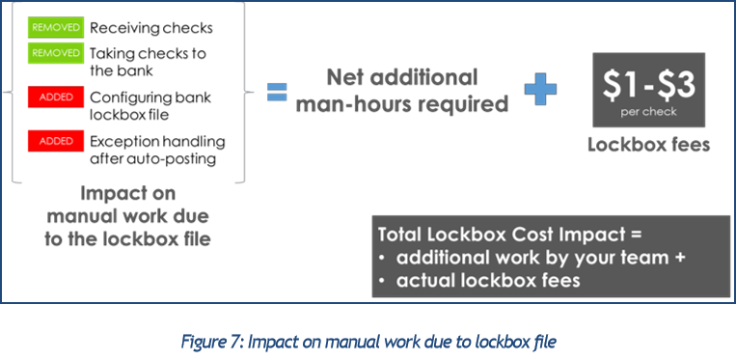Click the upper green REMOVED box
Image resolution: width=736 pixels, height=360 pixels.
click(x=56, y=27)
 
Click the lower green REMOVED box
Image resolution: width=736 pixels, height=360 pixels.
click(x=56, y=52)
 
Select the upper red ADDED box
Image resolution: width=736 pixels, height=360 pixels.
click(x=56, y=97)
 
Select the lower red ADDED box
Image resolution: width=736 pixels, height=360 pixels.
click(x=56, y=141)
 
